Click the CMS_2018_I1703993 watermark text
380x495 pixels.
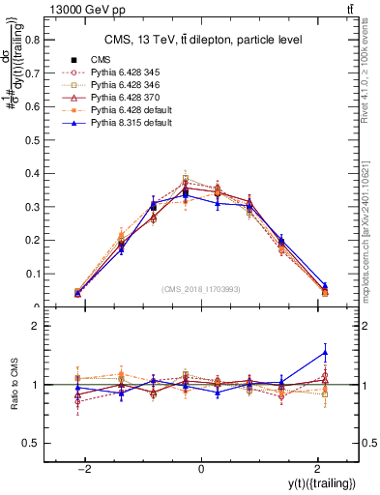(201, 289)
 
